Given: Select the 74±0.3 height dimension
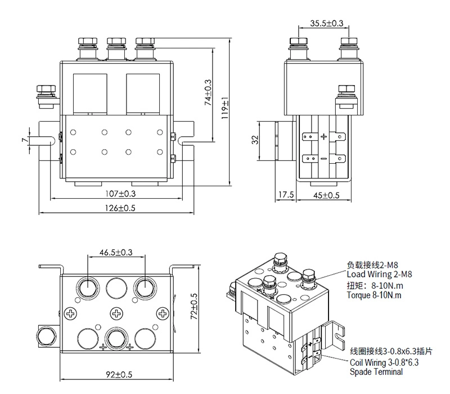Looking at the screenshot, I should tap(208, 92).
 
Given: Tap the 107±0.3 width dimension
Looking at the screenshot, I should tap(120, 193).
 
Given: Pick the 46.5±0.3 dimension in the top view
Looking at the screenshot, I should tap(116, 253).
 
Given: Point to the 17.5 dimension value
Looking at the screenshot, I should tap(286, 195).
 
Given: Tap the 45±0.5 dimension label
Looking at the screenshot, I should tap(326, 195).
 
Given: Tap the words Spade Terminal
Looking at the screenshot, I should tap(376, 372).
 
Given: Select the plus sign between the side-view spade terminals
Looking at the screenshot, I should tap(323, 137).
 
